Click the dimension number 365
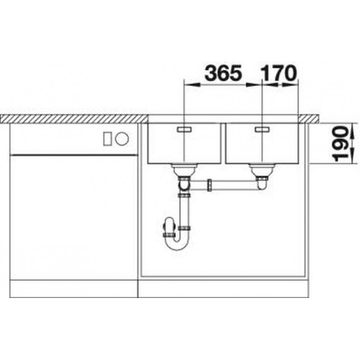pyautogui.click(x=223, y=73)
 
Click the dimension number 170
pyautogui.click(x=278, y=73)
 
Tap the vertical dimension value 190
pyautogui.click(x=340, y=144)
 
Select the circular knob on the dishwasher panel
pyautogui.click(x=122, y=139)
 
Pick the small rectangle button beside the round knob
pyautogui.click(x=108, y=139)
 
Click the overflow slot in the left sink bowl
pyautogui.click(x=184, y=130)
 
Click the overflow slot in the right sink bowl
pyautogui.click(x=262, y=130)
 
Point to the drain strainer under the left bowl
pyautogui.click(x=184, y=170)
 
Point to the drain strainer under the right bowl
pyautogui.click(x=262, y=170)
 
